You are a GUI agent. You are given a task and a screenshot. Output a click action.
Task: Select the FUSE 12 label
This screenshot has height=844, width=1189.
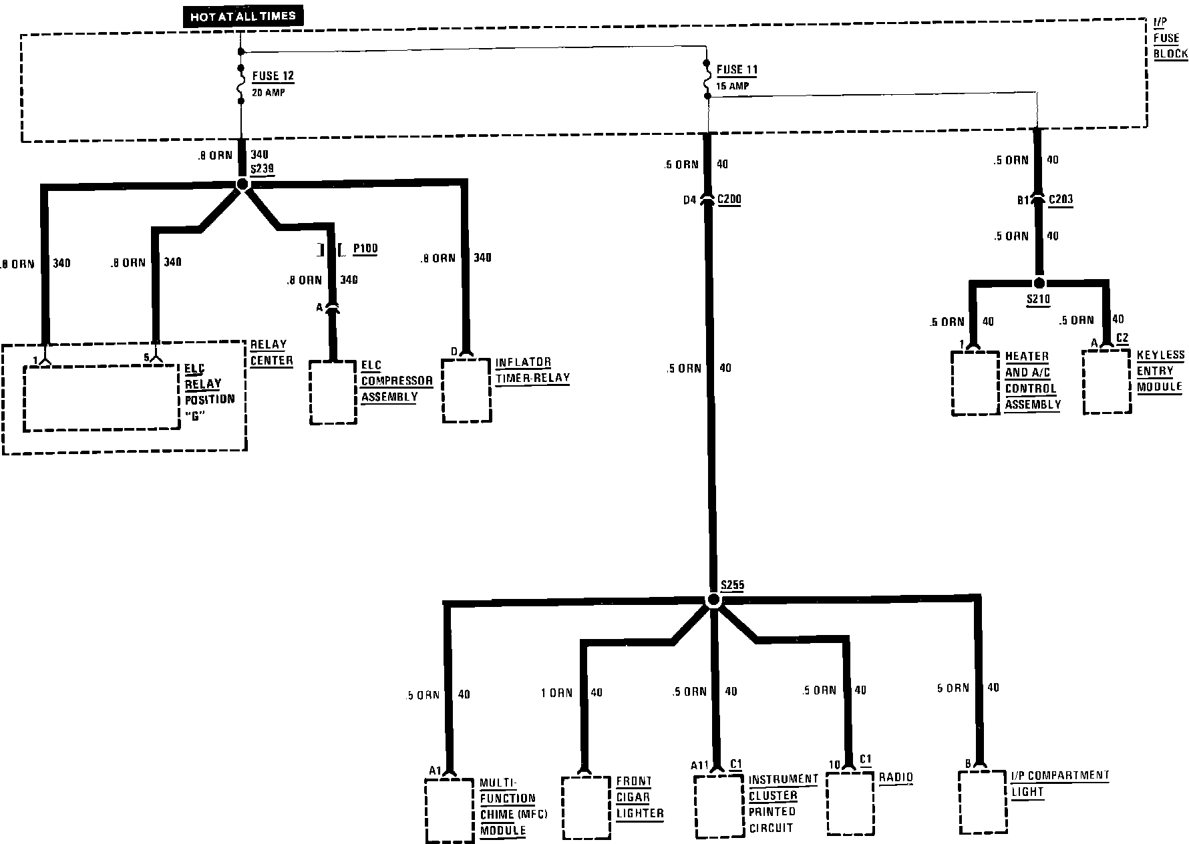(273, 76)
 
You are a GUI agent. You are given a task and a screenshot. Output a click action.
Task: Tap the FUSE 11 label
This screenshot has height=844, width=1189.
(737, 69)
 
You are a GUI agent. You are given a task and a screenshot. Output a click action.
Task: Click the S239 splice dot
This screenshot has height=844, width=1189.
(242, 184)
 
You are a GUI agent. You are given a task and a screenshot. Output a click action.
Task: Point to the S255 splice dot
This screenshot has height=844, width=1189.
(713, 600)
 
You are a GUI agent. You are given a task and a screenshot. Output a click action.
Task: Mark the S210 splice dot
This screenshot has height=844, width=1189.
(1039, 283)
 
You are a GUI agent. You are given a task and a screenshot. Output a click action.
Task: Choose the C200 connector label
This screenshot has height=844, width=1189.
(729, 199)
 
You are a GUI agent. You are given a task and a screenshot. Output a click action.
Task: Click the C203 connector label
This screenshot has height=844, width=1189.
(1061, 199)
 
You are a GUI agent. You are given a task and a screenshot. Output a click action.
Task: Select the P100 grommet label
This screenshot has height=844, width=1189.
(365, 248)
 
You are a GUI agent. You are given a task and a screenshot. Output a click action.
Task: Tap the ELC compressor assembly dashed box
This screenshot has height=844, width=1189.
(333, 393)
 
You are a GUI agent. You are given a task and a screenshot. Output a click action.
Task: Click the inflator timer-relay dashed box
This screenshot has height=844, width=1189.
(467, 391)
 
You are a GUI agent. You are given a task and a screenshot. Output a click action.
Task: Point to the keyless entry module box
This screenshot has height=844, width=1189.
(1107, 381)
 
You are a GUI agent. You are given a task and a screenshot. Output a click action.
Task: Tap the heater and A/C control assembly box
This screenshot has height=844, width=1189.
(975, 383)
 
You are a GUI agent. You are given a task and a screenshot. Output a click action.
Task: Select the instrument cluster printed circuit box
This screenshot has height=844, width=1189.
(718, 806)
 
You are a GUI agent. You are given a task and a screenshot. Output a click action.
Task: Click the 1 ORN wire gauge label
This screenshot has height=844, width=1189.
(556, 693)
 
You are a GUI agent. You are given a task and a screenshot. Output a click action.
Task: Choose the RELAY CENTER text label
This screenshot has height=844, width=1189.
(271, 353)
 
